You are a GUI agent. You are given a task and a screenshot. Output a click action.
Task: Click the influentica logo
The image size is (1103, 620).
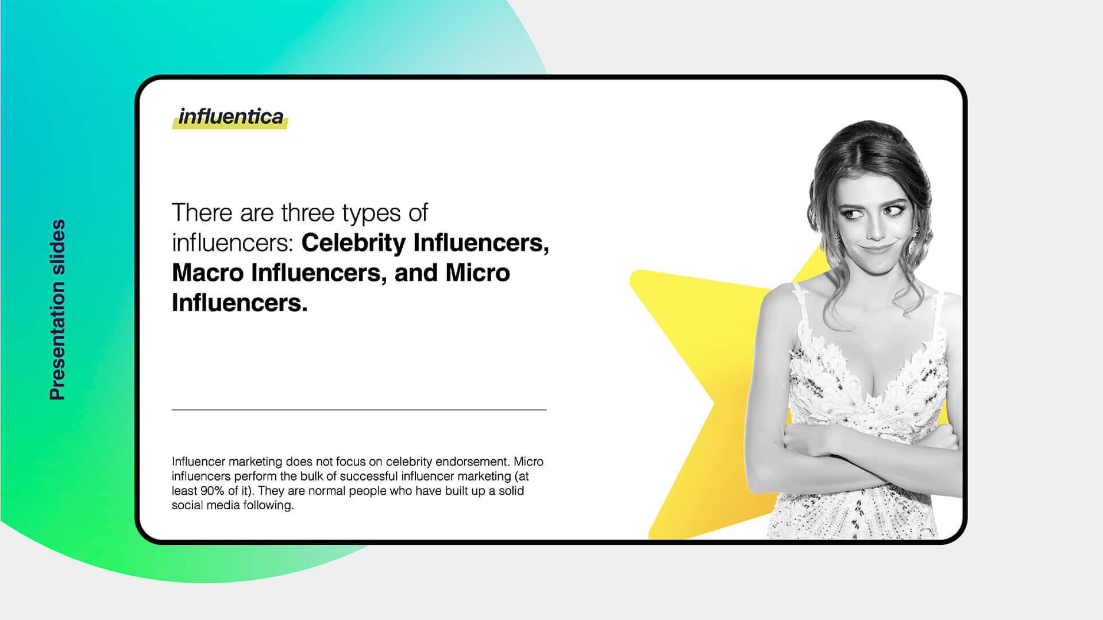[230, 117]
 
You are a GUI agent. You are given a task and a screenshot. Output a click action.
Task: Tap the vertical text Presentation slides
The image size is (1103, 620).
[58, 309]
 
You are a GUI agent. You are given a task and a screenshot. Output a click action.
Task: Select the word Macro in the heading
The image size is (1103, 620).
[208, 273]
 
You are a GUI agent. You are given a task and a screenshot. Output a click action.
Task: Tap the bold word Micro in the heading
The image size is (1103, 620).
[477, 273]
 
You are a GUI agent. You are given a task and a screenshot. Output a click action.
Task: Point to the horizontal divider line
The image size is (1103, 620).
[359, 410]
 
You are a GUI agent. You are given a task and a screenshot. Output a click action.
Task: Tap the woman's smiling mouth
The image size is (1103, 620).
[877, 249]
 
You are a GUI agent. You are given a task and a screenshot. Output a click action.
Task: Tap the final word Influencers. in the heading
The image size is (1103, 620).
[240, 303]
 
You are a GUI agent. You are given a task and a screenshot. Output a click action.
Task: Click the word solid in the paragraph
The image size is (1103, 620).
[511, 491]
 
